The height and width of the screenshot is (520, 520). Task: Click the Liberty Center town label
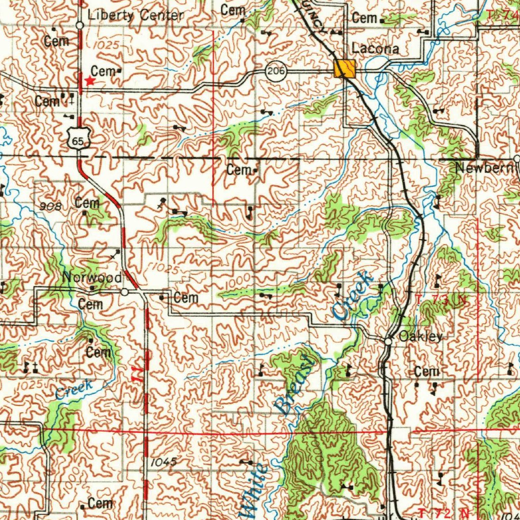[x=136, y=15]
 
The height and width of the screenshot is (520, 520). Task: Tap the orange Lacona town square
[x=345, y=68]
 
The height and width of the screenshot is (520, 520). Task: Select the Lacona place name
[x=375, y=49]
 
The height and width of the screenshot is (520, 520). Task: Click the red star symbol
[x=90, y=81]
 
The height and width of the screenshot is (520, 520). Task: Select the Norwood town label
[x=91, y=278]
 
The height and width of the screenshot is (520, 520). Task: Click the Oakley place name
[x=420, y=336]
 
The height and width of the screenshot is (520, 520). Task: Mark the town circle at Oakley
[x=388, y=342]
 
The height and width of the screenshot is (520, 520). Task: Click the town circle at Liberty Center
[x=80, y=24]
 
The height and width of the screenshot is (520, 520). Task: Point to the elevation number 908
[x=51, y=206]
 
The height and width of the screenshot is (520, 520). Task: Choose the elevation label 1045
[x=164, y=462]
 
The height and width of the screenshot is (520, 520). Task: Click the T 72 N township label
[x=442, y=511]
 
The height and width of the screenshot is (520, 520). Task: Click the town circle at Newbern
[x=517, y=159]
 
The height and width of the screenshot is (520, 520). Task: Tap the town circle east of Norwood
[x=125, y=292]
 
